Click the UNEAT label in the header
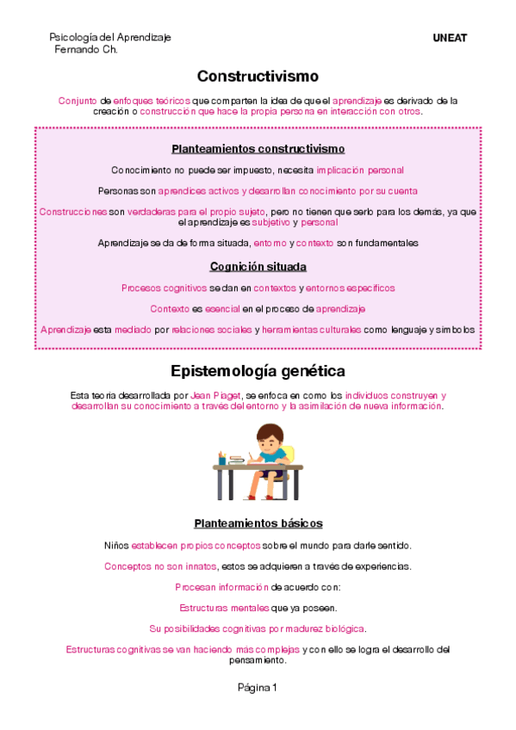(449, 38)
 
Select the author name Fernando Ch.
(85, 49)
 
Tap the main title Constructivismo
(258, 77)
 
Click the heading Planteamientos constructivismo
(258, 149)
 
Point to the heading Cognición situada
(258, 267)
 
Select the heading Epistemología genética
(258, 371)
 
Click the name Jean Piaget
(212, 395)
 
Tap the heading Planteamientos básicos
(258, 523)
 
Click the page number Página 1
(258, 688)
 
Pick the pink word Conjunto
(78, 101)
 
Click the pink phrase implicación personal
(360, 170)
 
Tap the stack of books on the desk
(237, 461)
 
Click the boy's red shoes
(252, 495)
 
